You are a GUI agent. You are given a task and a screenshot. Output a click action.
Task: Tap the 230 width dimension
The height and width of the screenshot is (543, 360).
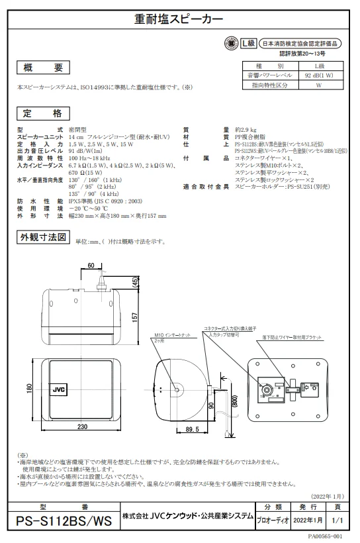pos(82,427)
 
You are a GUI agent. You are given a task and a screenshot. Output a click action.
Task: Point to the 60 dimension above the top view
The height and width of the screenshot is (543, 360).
pos(91,266)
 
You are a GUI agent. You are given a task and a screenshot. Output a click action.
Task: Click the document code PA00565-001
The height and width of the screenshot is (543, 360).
pos(324,536)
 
